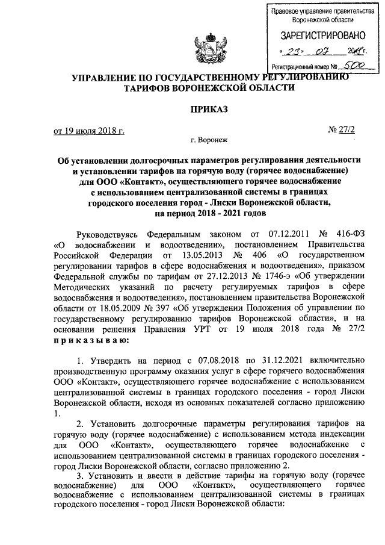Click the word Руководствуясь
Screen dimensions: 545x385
click(x=112, y=233)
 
